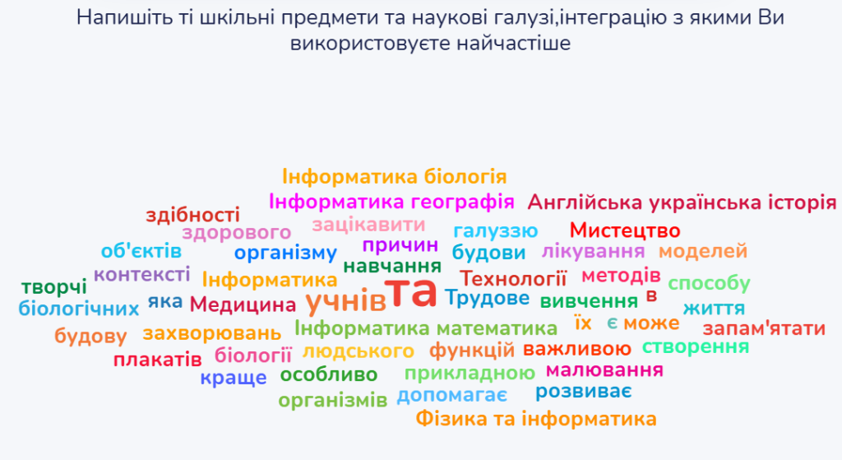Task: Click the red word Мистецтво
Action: tap(625, 230)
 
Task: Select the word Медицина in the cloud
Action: tap(243, 304)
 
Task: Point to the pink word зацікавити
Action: tap(368, 224)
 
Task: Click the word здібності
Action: tap(192, 215)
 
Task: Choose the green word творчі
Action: tap(53, 287)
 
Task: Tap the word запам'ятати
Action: tap(764, 328)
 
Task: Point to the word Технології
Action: tap(513, 278)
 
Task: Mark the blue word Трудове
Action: tap(487, 298)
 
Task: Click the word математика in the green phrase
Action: tap(497, 328)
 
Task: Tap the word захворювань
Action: tap(211, 334)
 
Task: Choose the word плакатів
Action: tap(157, 360)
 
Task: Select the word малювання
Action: tap(604, 370)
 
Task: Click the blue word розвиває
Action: tap(583, 391)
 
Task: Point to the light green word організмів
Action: tap(333, 401)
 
